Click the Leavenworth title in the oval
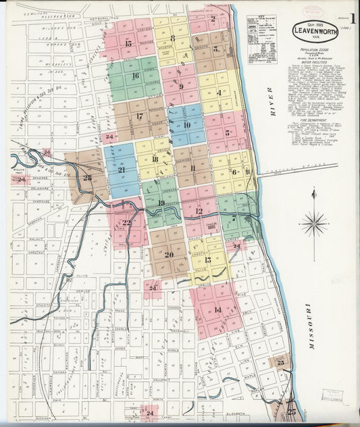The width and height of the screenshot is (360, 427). [x=315, y=30]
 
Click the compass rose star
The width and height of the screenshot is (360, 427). [x=314, y=221]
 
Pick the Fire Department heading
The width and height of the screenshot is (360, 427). [x=315, y=120]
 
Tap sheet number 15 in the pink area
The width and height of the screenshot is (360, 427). [x=128, y=43]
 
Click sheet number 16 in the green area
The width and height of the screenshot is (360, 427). [x=135, y=76]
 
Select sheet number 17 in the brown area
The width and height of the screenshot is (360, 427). [x=139, y=116]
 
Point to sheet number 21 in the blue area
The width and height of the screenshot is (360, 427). [x=122, y=170]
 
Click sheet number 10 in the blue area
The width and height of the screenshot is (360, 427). [x=186, y=125]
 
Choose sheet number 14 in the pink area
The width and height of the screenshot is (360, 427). [x=217, y=309]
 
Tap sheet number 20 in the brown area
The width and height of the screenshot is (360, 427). [x=169, y=255]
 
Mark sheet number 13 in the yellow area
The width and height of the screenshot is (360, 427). [x=207, y=259]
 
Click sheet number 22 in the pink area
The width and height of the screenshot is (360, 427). [x=126, y=223]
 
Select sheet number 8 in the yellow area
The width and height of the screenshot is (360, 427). [x=172, y=39]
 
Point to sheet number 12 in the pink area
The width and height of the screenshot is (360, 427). [x=199, y=211]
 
